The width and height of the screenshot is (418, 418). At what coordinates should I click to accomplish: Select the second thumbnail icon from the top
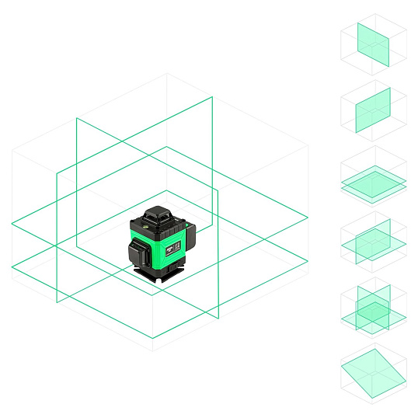374,111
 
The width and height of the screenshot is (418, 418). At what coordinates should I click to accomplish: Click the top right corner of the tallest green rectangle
212,97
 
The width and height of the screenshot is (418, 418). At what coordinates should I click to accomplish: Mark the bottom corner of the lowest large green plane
153,337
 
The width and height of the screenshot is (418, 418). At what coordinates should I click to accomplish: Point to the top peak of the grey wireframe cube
167,74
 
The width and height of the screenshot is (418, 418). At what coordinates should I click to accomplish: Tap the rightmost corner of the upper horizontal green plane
308,218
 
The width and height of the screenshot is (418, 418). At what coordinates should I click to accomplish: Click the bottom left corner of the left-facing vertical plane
57,301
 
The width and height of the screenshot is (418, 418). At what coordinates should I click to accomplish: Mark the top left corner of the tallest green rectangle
76,118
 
